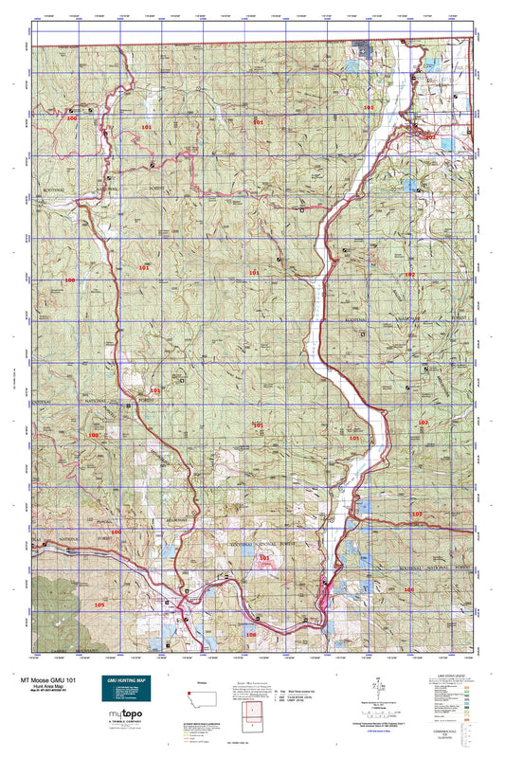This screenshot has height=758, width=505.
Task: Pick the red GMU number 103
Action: (x=416, y=513)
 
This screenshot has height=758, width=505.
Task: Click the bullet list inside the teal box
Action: (x=123, y=694)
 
